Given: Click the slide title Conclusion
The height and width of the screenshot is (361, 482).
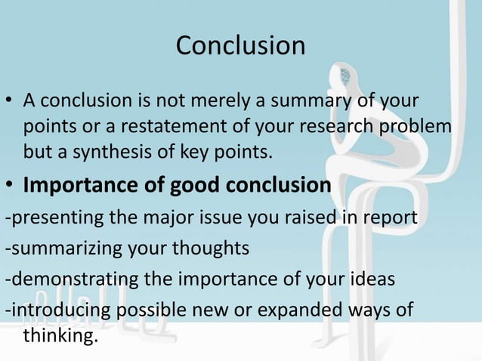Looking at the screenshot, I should pos(240,45).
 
